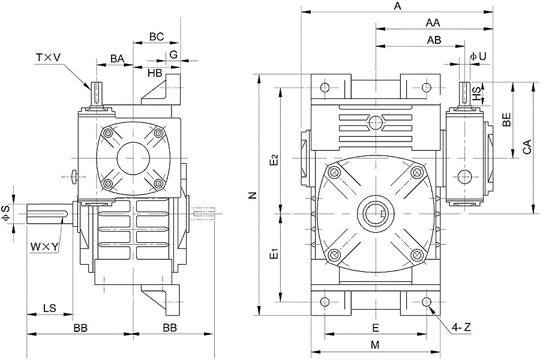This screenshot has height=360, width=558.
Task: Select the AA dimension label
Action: pyautogui.click(x=433, y=23)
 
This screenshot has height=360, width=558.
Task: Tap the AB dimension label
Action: pyautogui.click(x=434, y=40)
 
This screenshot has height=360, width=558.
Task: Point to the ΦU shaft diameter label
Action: pyautogui.click(x=478, y=56)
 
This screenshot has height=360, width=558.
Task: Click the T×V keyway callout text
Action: pyautogui.click(x=49, y=57)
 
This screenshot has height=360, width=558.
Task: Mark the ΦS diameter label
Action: pyautogui.click(x=5, y=214)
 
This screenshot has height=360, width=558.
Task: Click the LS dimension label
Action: pyautogui.click(x=50, y=308)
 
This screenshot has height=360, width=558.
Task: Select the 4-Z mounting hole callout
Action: pyautogui.click(x=461, y=327)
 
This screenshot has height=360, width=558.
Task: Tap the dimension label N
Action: pyautogui.click(x=253, y=195)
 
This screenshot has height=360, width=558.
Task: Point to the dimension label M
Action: pyautogui.click(x=375, y=345)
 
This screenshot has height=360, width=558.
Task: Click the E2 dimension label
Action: pyautogui.click(x=274, y=160)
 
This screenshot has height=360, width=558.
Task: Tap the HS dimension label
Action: pyautogui.click(x=476, y=93)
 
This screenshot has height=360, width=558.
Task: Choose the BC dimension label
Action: pyautogui.click(x=157, y=37)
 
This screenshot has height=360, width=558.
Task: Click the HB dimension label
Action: pyautogui.click(x=155, y=73)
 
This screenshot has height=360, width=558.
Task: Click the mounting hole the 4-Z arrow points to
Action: pyautogui.click(x=427, y=302)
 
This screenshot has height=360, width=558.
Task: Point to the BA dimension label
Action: pyautogui.click(x=117, y=59)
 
